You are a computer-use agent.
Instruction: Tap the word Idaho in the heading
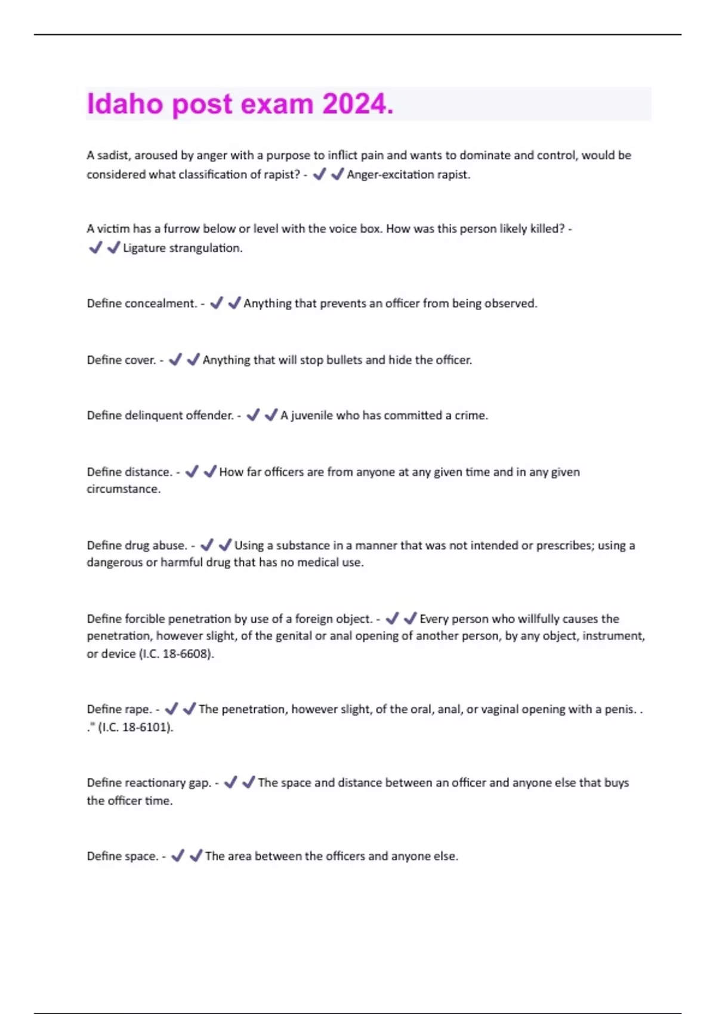(125, 104)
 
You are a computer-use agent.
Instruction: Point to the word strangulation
(206, 248)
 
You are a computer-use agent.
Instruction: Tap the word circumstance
(124, 489)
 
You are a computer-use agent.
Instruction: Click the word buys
(616, 783)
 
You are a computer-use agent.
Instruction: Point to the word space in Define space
(141, 857)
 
